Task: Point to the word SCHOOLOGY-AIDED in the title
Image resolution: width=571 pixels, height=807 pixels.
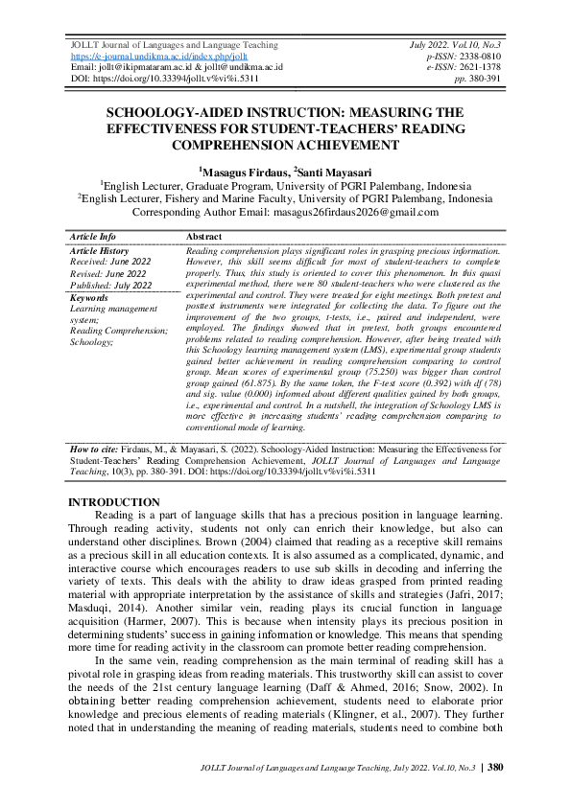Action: click(173, 113)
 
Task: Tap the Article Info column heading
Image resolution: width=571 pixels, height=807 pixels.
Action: click(93, 236)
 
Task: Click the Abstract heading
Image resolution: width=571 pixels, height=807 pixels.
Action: click(204, 236)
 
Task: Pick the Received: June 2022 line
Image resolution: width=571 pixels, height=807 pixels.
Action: click(109, 261)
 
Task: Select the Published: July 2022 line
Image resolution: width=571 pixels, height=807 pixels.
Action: click(110, 285)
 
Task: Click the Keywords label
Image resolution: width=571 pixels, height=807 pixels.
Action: click(89, 297)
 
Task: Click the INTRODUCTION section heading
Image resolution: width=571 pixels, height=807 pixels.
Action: click(114, 502)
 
